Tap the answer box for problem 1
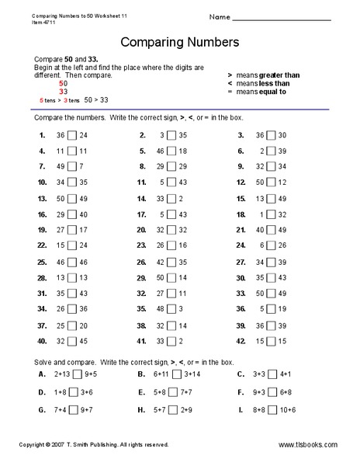click(71, 135)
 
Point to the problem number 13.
click(42, 199)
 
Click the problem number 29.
click(141, 278)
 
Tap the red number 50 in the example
click(64, 84)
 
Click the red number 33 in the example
click(64, 92)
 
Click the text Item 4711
click(45, 22)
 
